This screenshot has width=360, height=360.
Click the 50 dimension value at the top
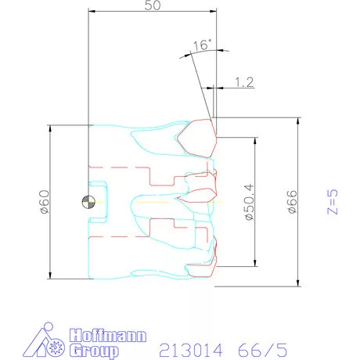click(x=152, y=5)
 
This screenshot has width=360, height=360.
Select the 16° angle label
click(x=201, y=45)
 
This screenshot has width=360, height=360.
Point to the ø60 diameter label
click(x=44, y=201)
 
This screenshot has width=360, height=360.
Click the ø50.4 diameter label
click(x=250, y=202)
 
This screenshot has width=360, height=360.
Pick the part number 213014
click(x=189, y=347)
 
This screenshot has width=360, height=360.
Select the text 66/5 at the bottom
click(x=257, y=347)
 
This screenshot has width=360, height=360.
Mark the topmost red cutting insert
click(x=196, y=137)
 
